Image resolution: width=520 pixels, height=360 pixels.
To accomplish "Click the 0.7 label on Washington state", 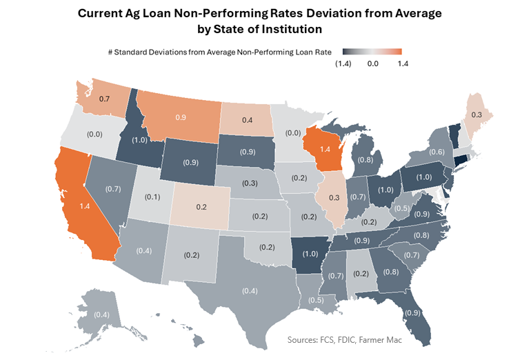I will pyautogui.click(x=106, y=100).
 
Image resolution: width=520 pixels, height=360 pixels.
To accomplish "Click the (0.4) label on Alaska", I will pyautogui.click(x=101, y=315).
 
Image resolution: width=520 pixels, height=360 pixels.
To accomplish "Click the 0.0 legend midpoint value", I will pyautogui.click(x=372, y=63).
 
